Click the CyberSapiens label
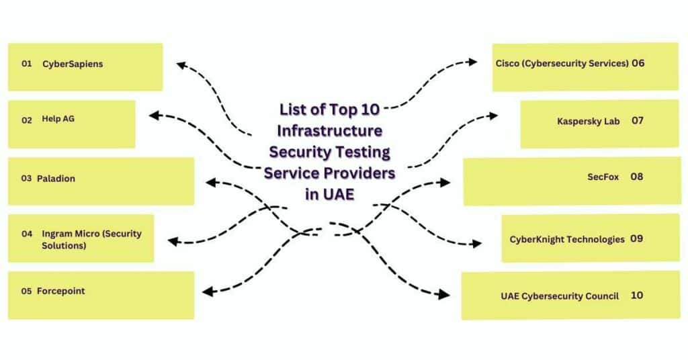[x=73, y=64]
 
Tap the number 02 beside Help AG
[x=27, y=120]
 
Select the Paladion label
[x=56, y=179]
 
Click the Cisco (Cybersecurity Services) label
[x=562, y=63]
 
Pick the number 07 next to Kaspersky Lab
[x=638, y=121]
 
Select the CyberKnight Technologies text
[x=567, y=239]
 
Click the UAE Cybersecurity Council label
[x=560, y=296]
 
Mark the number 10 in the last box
[x=637, y=295]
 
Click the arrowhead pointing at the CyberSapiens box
[x=181, y=65]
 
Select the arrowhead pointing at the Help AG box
[x=154, y=116]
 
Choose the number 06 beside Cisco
[x=638, y=63]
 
